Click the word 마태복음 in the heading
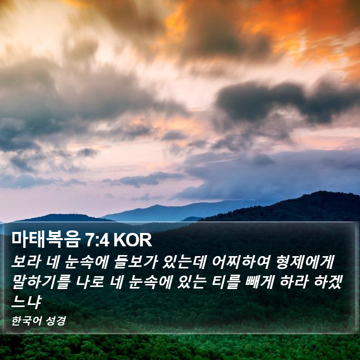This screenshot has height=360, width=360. click(45, 240)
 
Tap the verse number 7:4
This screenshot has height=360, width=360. click(97, 240)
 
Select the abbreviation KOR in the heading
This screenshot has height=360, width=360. click(133, 240)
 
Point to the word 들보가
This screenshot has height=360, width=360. click(135, 262)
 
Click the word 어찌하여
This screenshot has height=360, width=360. click(241, 262)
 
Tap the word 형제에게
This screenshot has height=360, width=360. click(305, 262)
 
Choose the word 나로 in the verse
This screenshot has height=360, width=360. click(89, 282)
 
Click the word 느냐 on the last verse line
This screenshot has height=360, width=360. click(26, 302)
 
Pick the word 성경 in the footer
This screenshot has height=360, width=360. click(56, 321)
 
